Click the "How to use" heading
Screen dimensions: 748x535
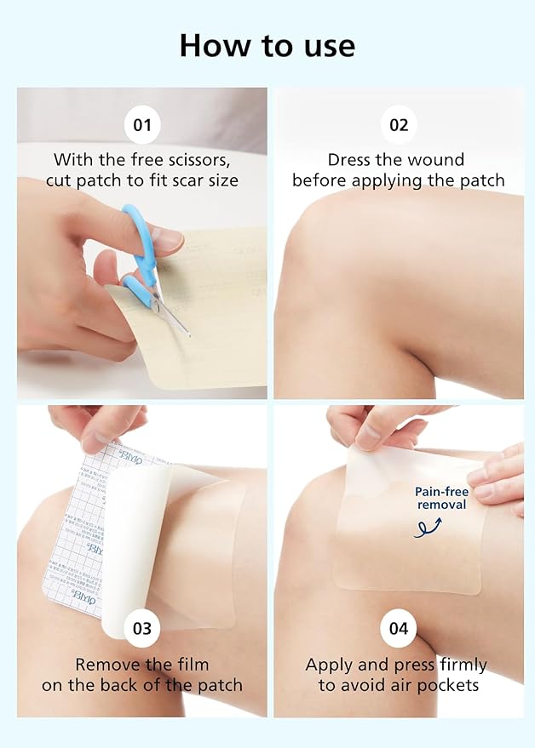coord(267,45)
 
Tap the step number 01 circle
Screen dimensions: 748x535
coord(142,126)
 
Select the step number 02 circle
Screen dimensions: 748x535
coord(399,126)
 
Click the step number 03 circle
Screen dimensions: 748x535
coord(142,629)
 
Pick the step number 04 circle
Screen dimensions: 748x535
coord(399,629)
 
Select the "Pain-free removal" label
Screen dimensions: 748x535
coord(441,499)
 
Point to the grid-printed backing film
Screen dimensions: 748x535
coord(77,528)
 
